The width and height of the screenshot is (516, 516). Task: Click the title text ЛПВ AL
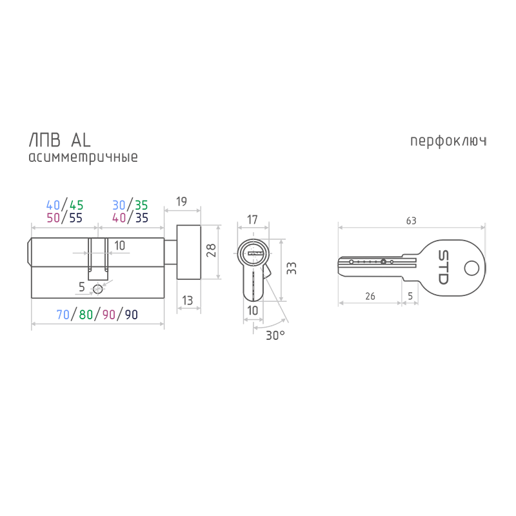(x=60, y=141)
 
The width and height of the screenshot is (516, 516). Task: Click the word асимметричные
(x=83, y=157)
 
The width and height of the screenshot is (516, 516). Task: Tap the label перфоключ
(x=448, y=141)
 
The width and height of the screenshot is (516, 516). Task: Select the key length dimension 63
(x=411, y=221)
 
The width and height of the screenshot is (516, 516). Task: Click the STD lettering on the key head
(x=443, y=267)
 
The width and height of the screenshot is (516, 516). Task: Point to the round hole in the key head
(x=471, y=268)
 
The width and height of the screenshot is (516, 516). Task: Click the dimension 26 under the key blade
(x=370, y=296)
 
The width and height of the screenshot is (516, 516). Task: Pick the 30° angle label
(x=275, y=335)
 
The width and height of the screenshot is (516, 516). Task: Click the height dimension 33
(x=292, y=268)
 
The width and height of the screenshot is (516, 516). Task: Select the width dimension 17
(x=252, y=219)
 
